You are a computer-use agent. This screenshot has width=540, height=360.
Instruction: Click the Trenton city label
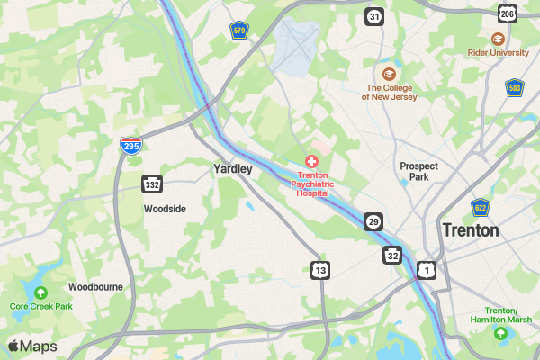tap(470, 230)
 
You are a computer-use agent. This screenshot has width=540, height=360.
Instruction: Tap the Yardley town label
tap(232, 168)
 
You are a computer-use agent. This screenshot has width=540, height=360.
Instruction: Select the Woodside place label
tap(165, 209)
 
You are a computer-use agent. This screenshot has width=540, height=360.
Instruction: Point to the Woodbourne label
tap(95, 287)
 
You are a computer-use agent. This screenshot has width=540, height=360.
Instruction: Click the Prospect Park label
tap(418, 171)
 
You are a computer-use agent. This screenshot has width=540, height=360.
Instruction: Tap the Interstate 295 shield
tap(131, 146)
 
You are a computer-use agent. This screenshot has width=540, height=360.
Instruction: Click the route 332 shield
tap(151, 184)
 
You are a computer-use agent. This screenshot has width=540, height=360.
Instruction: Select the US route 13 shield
tap(321, 269)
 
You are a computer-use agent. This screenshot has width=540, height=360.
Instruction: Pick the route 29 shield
tap(373, 221)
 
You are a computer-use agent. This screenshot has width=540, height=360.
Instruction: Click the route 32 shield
tap(392, 256)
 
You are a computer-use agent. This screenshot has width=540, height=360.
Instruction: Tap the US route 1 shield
tap(427, 269)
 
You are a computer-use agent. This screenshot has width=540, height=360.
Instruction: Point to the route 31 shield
tap(374, 16)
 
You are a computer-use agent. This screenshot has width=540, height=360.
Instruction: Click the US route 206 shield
tap(508, 14)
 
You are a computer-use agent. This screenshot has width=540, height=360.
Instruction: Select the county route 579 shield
tap(238, 31)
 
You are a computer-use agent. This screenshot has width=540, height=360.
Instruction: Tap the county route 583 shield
tap(514, 87)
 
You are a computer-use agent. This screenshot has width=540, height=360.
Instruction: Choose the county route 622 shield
tap(481, 208)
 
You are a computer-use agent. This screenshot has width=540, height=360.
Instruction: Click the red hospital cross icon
tap(312, 160)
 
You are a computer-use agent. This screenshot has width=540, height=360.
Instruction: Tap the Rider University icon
tap(498, 39)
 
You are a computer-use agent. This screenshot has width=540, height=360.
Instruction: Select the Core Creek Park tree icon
tap(40, 292)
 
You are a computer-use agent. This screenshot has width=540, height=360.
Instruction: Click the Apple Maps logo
tap(31, 346)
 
